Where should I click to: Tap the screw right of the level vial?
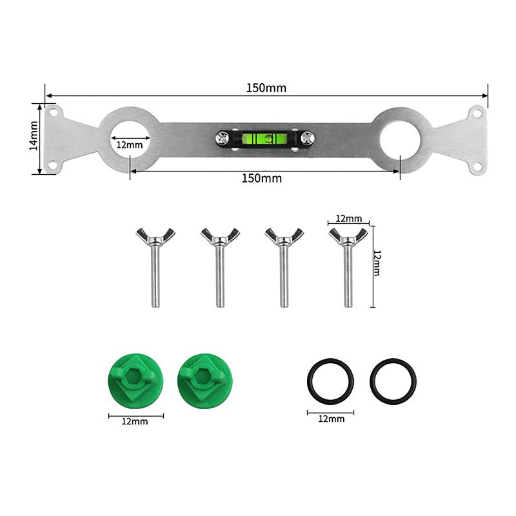tap(307, 137)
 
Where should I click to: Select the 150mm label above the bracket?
tap(266, 88)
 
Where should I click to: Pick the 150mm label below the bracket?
tap(261, 178)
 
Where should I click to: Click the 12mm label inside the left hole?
tap(130, 144)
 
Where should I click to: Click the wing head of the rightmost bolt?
tap(348, 236)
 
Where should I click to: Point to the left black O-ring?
tap(330, 380)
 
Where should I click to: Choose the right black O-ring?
tap(393, 380)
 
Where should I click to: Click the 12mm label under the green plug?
tap(135, 421)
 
